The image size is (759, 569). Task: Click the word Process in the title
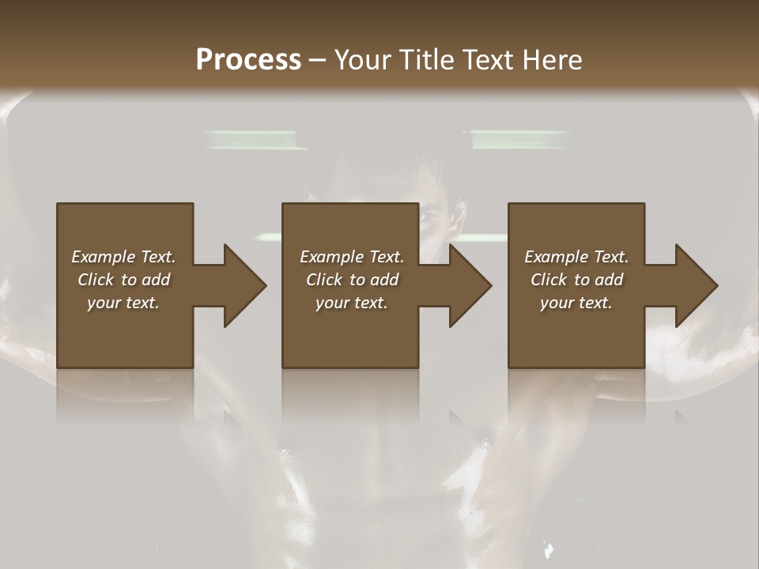point(248,59)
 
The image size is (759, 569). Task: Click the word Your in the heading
point(364,59)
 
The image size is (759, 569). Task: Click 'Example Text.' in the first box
point(123,257)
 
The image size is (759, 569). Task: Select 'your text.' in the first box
point(123,303)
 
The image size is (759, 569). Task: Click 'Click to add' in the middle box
point(352,280)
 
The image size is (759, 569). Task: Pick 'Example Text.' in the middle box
point(352,257)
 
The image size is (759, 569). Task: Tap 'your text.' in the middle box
point(352,303)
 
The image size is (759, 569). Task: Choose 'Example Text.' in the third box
point(576,257)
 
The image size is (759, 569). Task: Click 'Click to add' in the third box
point(576,280)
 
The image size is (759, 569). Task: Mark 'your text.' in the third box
point(576,303)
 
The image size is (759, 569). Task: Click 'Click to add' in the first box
point(123,280)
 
